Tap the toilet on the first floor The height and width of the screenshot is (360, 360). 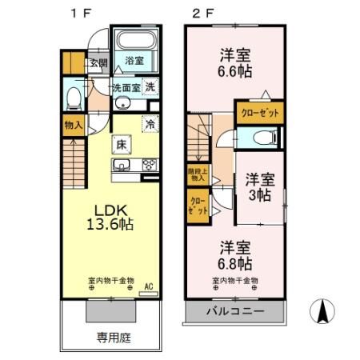pos(74,97)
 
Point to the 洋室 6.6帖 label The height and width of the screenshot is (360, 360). pos(236,62)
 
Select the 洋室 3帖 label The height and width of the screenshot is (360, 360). pos(260,185)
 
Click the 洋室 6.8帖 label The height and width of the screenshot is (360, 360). pos(234,254)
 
